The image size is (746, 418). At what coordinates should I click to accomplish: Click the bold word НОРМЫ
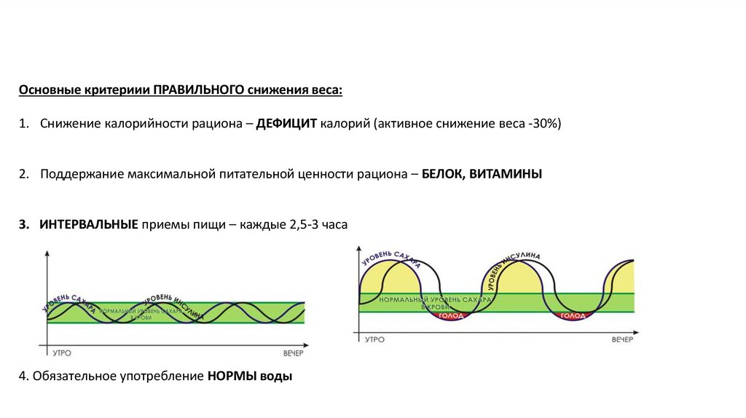(x=232, y=377)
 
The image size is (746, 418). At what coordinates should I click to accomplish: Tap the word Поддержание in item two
(x=81, y=175)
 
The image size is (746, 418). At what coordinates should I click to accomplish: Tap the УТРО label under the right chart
(x=374, y=339)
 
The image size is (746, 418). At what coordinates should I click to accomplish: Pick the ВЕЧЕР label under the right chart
(x=622, y=339)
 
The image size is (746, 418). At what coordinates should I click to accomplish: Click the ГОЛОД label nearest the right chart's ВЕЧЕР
(x=572, y=315)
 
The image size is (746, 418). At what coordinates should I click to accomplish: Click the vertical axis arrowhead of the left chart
(x=47, y=253)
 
